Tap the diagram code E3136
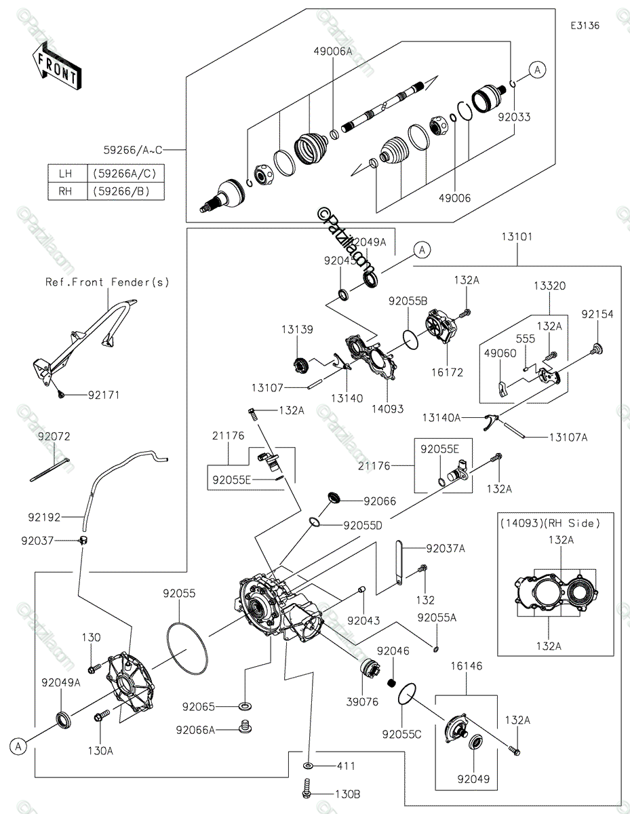click(585, 25)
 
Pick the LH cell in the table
click(65, 174)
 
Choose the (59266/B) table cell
click(127, 191)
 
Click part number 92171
click(103, 395)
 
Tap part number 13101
click(517, 237)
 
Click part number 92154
click(597, 315)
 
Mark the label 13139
click(298, 329)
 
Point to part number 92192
click(45, 518)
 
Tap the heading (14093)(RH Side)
click(551, 523)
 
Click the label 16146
click(466, 667)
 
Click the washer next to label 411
click(309, 766)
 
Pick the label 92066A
click(196, 730)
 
